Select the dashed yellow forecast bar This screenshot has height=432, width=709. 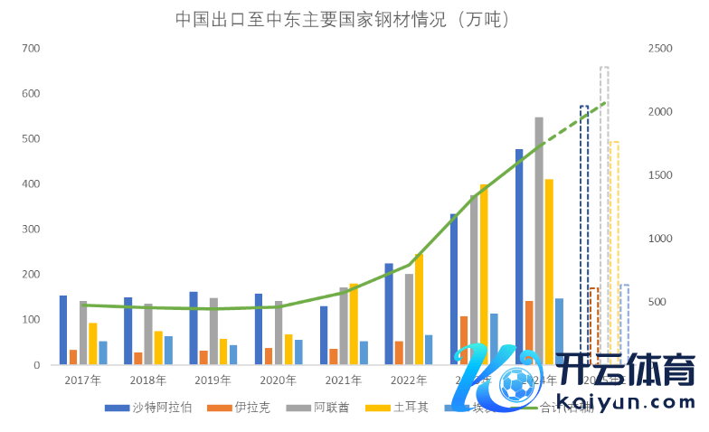pos(614,253)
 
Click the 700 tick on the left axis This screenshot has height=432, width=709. pos(31,48)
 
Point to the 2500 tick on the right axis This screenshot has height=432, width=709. pos(661,48)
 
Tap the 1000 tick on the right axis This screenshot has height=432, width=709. pos(661,239)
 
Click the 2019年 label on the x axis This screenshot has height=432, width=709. pos(213,380)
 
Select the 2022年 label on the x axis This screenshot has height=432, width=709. pos(407,380)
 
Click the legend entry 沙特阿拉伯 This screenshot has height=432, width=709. pos(150,408)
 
